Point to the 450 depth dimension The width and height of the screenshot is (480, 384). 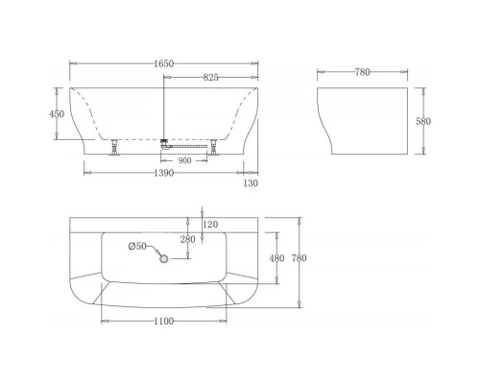pyautogui.click(x=57, y=114)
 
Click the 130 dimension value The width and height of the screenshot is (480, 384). pyautogui.click(x=251, y=182)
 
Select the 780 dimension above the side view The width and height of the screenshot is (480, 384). pyautogui.click(x=363, y=72)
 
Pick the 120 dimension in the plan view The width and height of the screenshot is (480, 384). pyautogui.click(x=210, y=224)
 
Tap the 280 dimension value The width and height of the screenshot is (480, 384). pyautogui.click(x=187, y=239)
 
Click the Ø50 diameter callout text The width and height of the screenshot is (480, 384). pyautogui.click(x=137, y=247)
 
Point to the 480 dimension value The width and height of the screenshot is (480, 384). pyautogui.click(x=276, y=257)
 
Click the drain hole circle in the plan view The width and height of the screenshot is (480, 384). pyautogui.click(x=164, y=258)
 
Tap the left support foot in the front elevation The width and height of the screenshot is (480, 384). pyautogui.click(x=117, y=147)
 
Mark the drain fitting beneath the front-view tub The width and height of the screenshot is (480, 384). pyautogui.click(x=166, y=142)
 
